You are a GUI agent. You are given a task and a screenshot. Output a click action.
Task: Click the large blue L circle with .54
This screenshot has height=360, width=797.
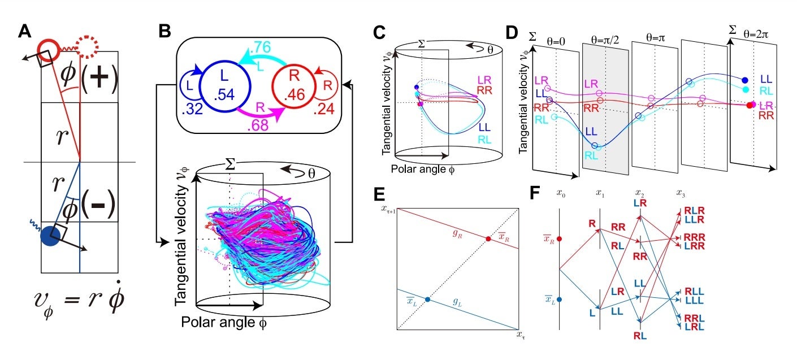pos(224,86)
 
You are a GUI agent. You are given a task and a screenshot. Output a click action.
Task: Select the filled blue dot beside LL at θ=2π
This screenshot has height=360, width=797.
pos(745,80)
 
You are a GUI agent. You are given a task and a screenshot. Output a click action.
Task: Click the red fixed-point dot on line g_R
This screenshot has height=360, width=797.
pos(488,239)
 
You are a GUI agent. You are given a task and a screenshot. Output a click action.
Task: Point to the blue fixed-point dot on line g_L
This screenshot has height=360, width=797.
pos(427,300)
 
